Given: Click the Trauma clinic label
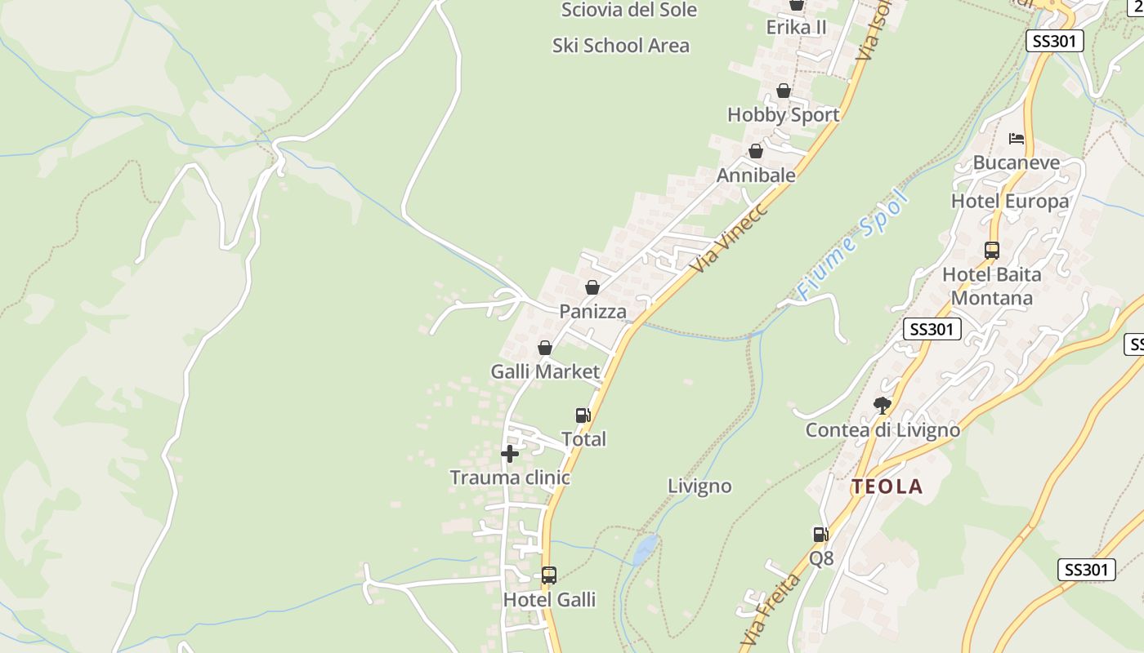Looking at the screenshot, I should pyautogui.click(x=510, y=478).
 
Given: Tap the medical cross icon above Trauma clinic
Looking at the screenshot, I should pyautogui.click(x=510, y=454).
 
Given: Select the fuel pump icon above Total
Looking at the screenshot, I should pyautogui.click(x=583, y=415).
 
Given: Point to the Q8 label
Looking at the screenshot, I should pyautogui.click(x=821, y=559).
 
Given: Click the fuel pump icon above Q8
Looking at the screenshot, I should pyautogui.click(x=820, y=535).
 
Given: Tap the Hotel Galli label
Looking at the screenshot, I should pyautogui.click(x=549, y=600).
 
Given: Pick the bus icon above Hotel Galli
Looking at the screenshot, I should pyautogui.click(x=549, y=575).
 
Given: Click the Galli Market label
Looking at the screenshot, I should pyautogui.click(x=545, y=371).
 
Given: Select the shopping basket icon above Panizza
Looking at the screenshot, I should pyautogui.click(x=592, y=287).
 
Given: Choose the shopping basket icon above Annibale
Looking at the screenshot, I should pyautogui.click(x=756, y=151).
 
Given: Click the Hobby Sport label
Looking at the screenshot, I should pyautogui.click(x=783, y=115).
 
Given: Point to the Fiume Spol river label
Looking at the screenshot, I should pyautogui.click(x=852, y=245).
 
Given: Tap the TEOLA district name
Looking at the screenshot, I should pyautogui.click(x=887, y=486).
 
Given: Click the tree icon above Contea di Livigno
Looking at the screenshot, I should pyautogui.click(x=883, y=405).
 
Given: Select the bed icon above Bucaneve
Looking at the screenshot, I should pyautogui.click(x=1017, y=138).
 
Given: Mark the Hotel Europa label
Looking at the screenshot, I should pyautogui.click(x=1010, y=201).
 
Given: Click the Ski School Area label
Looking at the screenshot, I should pyautogui.click(x=621, y=46).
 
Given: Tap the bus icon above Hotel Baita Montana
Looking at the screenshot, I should pyautogui.click(x=992, y=251).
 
